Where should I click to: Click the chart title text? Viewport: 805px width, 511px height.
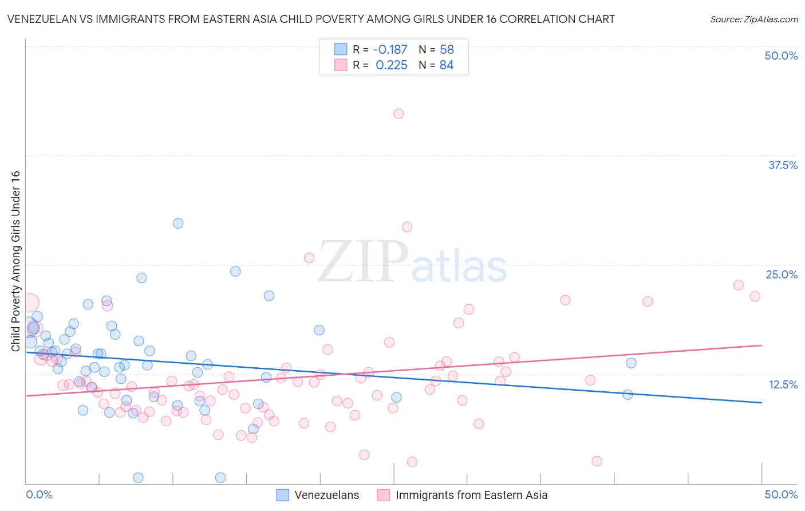click(x=311, y=19)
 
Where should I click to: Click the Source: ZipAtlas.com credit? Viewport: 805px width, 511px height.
click(x=753, y=19)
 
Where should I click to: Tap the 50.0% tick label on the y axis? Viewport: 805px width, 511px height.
click(x=781, y=56)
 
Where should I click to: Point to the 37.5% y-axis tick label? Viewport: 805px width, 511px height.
click(x=783, y=165)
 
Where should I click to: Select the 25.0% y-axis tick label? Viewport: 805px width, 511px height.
click(x=782, y=274)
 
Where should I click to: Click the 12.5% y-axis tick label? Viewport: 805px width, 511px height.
click(x=783, y=384)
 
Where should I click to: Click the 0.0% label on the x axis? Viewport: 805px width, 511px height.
click(x=39, y=494)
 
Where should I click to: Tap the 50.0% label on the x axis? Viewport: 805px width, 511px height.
click(x=781, y=494)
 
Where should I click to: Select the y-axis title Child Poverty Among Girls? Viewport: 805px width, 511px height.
click(x=15, y=261)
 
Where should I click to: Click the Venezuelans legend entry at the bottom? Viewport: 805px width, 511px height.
click(x=318, y=495)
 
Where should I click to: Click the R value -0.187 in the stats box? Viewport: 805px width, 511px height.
click(x=390, y=49)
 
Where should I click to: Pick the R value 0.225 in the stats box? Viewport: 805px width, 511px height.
click(x=392, y=65)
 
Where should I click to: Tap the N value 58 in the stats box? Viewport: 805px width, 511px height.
click(x=447, y=49)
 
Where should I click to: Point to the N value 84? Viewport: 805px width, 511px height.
click(x=447, y=65)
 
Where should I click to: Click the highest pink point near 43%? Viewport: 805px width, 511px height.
click(x=398, y=114)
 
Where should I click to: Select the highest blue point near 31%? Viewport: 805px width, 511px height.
click(x=178, y=223)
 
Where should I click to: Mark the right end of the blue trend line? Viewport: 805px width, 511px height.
click(x=761, y=403)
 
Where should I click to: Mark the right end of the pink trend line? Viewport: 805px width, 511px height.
click(x=761, y=345)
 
